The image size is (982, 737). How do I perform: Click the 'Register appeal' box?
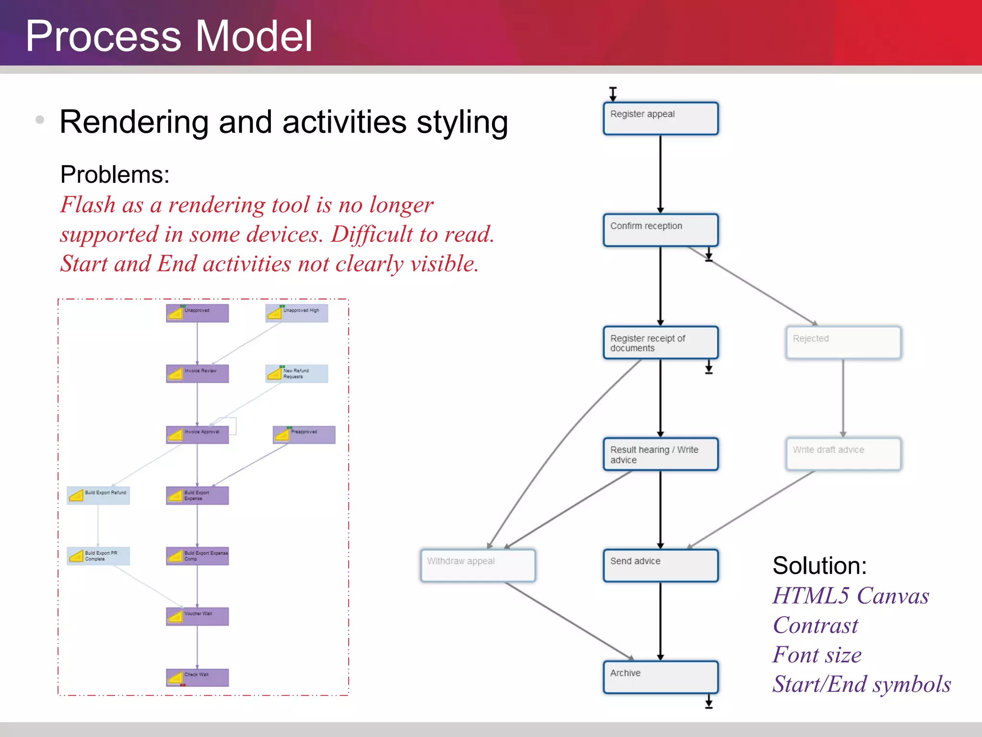660,118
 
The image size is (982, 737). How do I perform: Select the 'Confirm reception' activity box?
660,230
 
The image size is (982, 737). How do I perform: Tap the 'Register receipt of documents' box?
660,343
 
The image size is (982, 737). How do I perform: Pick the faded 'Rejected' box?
843,343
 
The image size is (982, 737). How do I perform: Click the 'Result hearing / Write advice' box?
660,454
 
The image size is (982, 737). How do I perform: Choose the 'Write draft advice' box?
843,454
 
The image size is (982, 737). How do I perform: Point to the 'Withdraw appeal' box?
478,565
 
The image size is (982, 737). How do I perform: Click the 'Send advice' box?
660,565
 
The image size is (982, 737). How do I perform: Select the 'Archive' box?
660,677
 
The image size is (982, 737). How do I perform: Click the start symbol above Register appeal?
613,93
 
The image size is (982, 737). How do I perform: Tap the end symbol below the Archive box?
709,703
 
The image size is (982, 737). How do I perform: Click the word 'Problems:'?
115,174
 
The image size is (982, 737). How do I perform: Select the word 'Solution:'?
819,566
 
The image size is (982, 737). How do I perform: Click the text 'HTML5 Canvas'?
851,595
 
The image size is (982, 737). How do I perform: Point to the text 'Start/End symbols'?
861,684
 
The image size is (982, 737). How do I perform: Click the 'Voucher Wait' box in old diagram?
197,616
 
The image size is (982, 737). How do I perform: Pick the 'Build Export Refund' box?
98,495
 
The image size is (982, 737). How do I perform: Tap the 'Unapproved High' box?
297,313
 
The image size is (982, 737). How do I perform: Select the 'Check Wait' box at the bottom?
197,677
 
